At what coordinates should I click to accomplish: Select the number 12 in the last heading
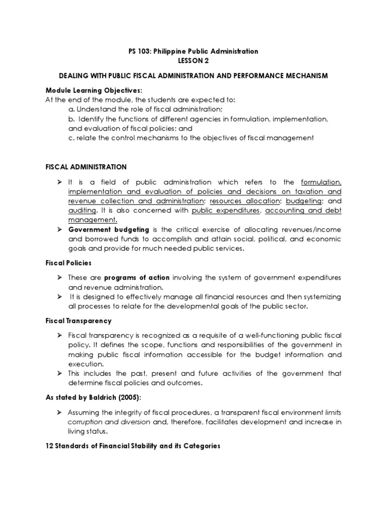click(x=49, y=445)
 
